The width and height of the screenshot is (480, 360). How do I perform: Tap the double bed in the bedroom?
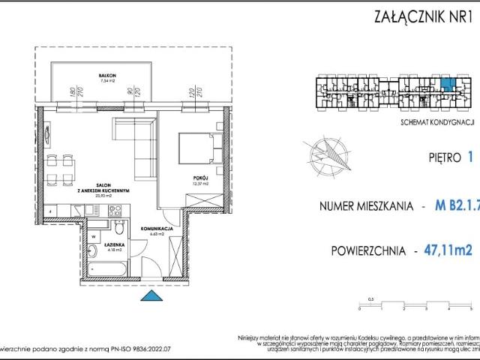pos(197,147)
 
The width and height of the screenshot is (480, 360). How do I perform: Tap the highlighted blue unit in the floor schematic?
pos(447,85)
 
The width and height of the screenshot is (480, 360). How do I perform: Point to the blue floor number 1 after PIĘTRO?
pos(471,157)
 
